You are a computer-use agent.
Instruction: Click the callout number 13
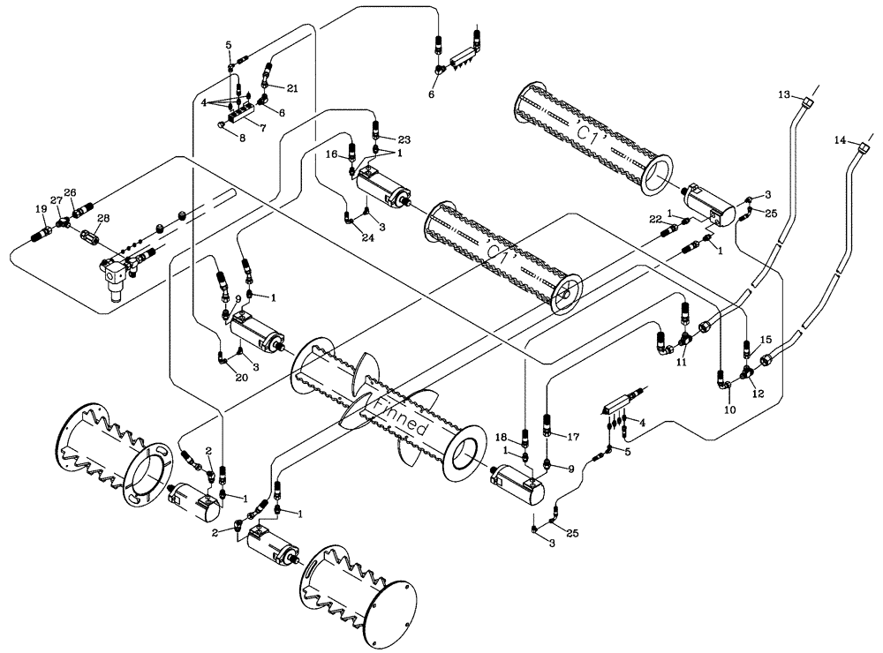point(782,94)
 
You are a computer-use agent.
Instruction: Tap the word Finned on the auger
point(403,416)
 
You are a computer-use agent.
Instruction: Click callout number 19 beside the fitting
point(41,208)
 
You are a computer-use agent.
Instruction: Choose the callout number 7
point(262,127)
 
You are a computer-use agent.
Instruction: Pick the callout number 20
point(241,377)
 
